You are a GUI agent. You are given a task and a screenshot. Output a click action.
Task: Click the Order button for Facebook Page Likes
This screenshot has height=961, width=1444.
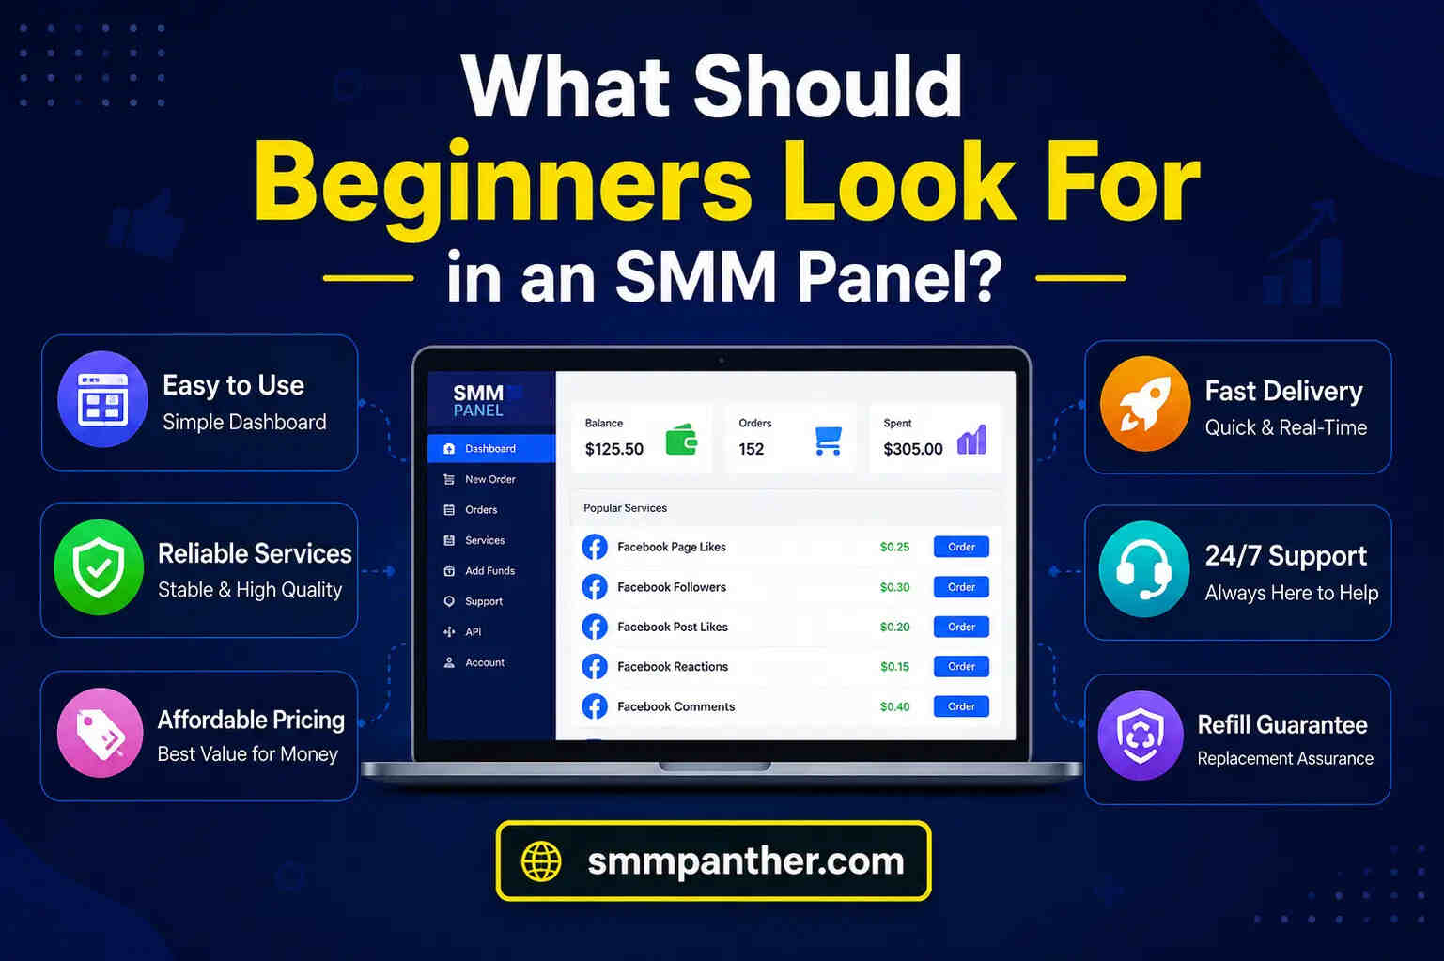[x=960, y=547]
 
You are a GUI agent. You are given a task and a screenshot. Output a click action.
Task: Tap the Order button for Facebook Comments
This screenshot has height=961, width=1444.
[x=960, y=706]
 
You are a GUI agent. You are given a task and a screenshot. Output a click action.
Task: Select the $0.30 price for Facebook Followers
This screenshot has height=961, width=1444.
[x=894, y=587]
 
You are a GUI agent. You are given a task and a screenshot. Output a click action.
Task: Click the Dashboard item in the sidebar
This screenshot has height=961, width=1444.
[x=490, y=449]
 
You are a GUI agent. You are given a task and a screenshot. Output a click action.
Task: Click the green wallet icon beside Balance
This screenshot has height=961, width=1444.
[x=681, y=441]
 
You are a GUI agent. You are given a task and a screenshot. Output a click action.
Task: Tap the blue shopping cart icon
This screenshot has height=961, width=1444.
[x=829, y=441]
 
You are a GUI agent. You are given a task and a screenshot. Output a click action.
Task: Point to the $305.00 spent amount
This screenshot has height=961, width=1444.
[x=913, y=449]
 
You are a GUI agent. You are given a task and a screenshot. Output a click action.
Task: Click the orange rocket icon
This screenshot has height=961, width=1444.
[x=1144, y=404]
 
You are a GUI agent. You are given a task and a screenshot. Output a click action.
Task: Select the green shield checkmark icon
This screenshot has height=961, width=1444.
[x=99, y=567]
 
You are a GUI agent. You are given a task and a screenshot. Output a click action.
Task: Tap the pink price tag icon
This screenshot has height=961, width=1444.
[x=100, y=733]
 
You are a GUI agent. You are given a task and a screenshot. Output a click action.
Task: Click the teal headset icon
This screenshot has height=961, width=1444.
[x=1144, y=570]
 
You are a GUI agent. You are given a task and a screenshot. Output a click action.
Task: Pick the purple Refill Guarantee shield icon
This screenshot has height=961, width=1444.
[x=1141, y=736]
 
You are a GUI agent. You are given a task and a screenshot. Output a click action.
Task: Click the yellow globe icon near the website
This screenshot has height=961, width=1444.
[x=541, y=861]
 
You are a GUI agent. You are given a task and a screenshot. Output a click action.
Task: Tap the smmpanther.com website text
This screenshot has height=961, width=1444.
[x=746, y=861]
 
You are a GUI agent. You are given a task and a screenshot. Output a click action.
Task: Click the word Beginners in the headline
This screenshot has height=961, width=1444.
[x=504, y=184]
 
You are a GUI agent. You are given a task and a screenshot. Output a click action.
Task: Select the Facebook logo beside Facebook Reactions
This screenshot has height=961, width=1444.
[x=595, y=666]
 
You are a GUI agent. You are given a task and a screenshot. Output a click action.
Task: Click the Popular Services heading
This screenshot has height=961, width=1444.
[x=625, y=508]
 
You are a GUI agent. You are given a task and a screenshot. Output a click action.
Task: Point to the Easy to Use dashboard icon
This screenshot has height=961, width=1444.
[x=102, y=399]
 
